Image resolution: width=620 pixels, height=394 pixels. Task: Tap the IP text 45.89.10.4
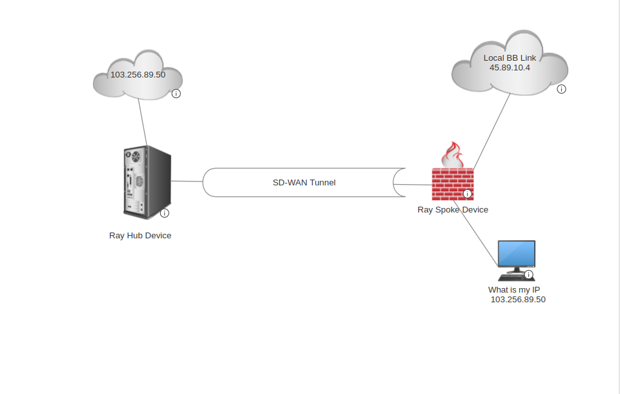tap(510, 67)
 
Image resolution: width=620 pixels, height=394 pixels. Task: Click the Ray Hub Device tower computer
tap(145, 182)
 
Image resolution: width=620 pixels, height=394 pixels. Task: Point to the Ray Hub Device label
tap(140, 236)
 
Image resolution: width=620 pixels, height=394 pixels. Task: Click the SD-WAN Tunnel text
tap(304, 183)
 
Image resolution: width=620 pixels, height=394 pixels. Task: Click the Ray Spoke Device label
tap(453, 210)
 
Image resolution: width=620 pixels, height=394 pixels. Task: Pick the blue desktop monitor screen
tap(517, 253)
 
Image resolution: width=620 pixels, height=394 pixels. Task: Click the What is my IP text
tap(514, 290)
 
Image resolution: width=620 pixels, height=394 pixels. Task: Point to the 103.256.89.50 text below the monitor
tap(518, 300)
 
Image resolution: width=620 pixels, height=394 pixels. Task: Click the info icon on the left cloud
tap(176, 94)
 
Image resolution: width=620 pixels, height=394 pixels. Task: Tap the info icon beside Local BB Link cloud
tap(561, 89)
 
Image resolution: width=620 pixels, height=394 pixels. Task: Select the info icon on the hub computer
tap(165, 213)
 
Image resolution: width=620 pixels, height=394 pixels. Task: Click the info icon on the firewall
tap(468, 194)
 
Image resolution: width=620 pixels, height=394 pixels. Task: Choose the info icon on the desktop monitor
tap(529, 275)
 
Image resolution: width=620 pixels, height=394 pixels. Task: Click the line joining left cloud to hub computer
tap(142, 123)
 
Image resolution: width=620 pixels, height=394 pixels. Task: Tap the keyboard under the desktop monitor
tap(513, 276)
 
